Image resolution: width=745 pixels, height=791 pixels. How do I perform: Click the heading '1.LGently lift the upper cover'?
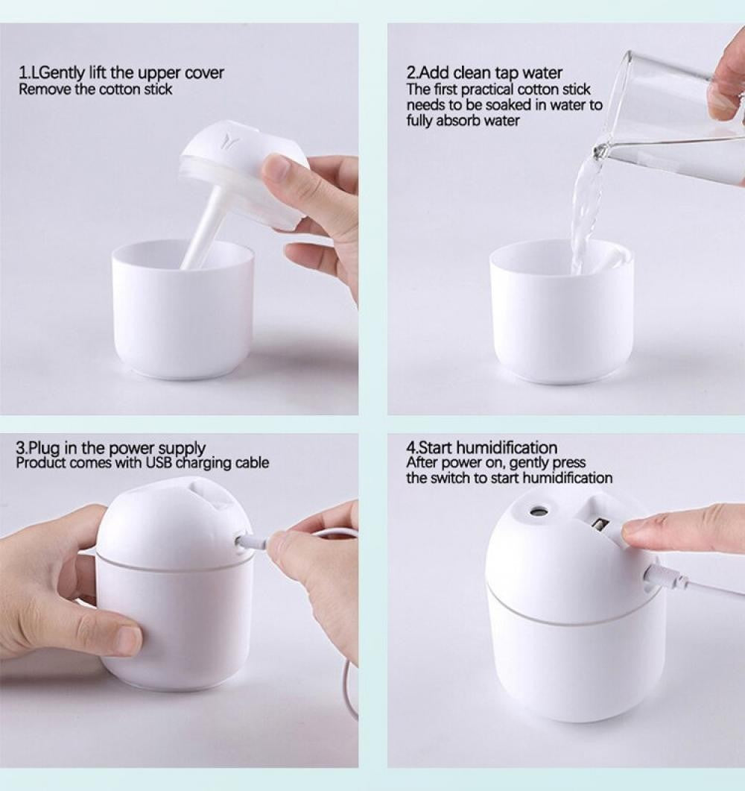click(x=121, y=73)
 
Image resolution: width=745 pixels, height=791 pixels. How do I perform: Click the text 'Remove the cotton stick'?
click(x=95, y=89)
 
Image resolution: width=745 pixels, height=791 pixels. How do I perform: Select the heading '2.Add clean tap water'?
click(x=484, y=73)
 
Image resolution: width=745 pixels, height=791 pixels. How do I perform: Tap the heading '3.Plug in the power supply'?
click(x=111, y=448)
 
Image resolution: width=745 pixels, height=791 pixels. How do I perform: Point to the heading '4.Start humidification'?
click(x=481, y=448)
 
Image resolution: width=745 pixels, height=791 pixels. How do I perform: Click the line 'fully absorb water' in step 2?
click(x=463, y=121)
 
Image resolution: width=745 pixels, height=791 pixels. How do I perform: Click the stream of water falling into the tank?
click(x=584, y=209)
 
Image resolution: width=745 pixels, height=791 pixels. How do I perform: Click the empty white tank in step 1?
click(x=183, y=313)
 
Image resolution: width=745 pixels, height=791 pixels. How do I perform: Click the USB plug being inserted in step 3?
click(x=251, y=542)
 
